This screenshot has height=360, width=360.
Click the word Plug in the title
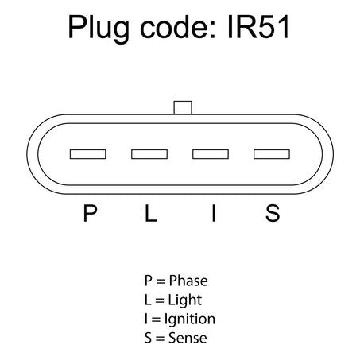[99, 29]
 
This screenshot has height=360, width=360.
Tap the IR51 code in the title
[258, 27]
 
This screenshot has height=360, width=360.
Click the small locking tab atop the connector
[183, 107]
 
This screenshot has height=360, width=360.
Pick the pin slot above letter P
[88, 154]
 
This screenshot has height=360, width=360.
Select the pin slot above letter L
[149, 154]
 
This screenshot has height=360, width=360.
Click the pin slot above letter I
[211, 154]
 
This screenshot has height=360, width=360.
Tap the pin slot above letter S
[272, 154]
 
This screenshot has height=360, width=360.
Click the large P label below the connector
[90, 213]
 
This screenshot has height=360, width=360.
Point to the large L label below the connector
[151, 213]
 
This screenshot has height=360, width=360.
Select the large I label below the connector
[214, 213]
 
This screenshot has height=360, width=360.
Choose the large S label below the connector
[273, 213]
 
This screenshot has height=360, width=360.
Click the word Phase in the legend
[188, 281]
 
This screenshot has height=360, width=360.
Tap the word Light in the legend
[185, 300]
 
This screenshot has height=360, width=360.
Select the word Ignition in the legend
[190, 319]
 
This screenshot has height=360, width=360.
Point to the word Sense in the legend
[188, 338]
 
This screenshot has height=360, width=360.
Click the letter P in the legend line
[148, 281]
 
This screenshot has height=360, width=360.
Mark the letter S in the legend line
[148, 338]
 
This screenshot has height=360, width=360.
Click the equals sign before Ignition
[157, 319]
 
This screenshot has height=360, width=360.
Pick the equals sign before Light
[160, 300]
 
